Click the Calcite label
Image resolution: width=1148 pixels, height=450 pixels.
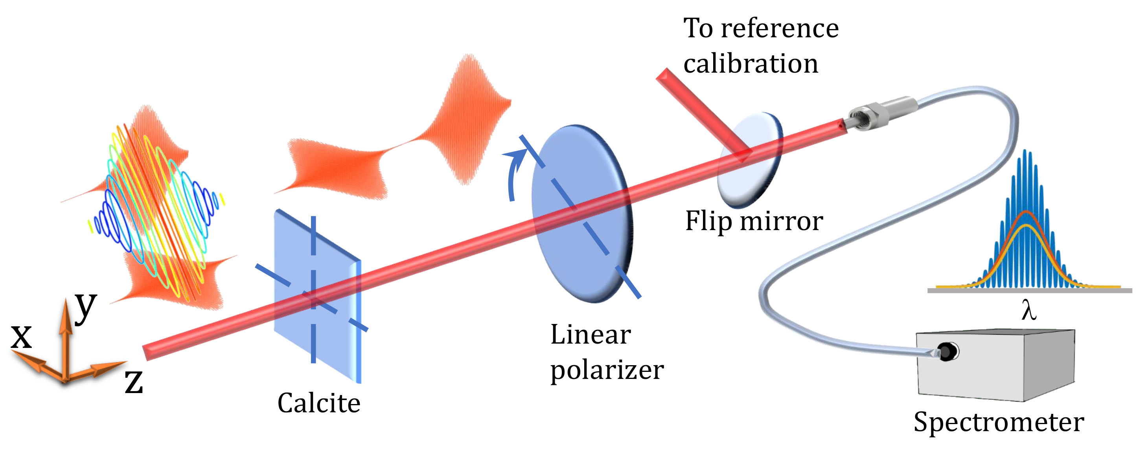(x=318, y=403)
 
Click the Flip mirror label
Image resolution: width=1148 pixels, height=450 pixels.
(x=754, y=221)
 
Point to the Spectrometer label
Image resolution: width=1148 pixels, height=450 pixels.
(x=999, y=422)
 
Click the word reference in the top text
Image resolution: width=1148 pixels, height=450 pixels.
(x=780, y=29)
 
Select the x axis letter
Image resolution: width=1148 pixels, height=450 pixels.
(x=21, y=337)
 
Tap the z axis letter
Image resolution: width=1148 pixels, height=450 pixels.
(x=134, y=382)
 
